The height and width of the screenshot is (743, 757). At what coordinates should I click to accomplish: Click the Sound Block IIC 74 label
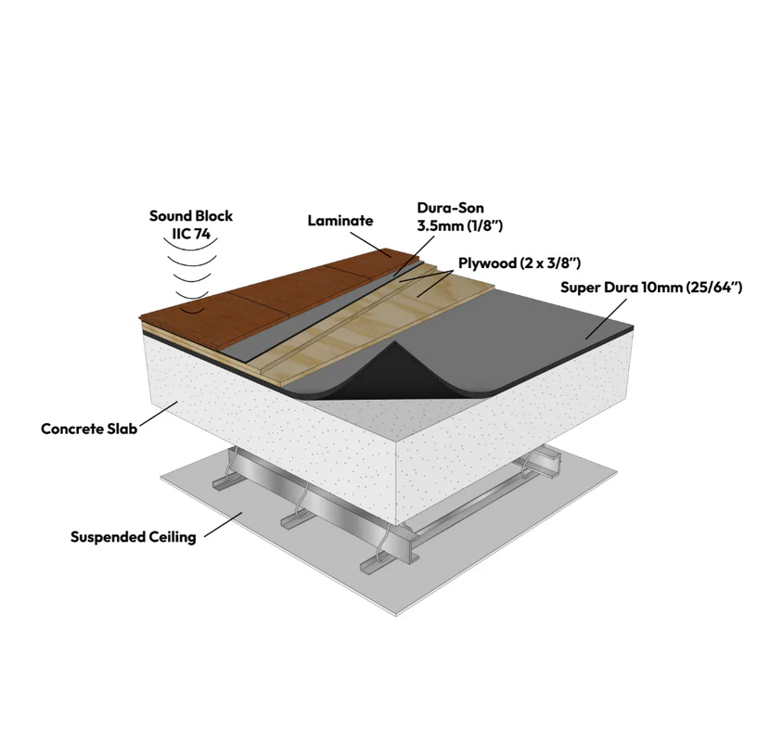191,224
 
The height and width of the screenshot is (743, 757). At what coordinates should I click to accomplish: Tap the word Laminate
340,221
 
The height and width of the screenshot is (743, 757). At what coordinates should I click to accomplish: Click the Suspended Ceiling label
134,537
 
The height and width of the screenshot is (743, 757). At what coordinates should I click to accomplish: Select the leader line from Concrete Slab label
158,416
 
